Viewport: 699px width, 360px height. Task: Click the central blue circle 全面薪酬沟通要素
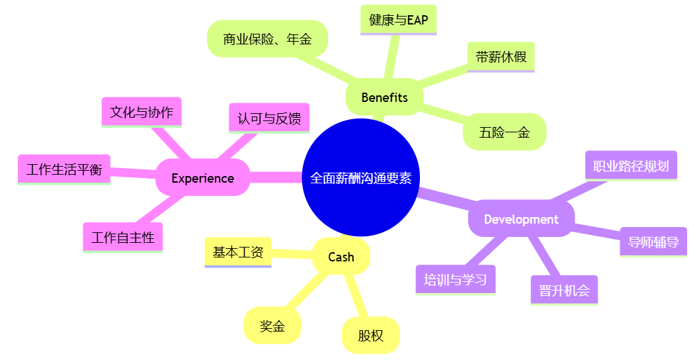tap(360, 178)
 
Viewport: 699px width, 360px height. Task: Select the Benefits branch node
tap(384, 97)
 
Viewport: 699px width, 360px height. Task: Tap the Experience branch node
tap(202, 178)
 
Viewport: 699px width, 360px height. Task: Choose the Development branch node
tap(521, 219)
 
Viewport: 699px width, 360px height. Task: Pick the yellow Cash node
tap(341, 257)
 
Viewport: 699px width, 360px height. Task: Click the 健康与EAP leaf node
tap(399, 20)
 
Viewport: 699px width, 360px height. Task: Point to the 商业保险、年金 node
tap(267, 39)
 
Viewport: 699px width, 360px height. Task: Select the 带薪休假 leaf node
tap(501, 57)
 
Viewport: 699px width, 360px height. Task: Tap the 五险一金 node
tap(505, 132)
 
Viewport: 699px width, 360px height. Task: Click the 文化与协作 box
tap(142, 112)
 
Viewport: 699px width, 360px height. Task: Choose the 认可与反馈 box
tap(269, 118)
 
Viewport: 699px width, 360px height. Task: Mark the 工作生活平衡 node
tap(64, 169)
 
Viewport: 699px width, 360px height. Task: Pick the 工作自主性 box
tap(123, 238)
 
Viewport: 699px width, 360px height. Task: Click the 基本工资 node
tap(238, 252)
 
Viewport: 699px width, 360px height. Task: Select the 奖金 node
tap(272, 326)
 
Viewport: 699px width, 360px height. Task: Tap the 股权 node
tap(371, 336)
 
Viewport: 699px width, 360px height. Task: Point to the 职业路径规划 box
tap(631, 165)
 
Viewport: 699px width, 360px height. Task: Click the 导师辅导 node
tap(653, 242)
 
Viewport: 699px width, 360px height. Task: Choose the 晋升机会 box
tap(564, 290)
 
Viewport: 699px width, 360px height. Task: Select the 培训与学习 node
tap(456, 279)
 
